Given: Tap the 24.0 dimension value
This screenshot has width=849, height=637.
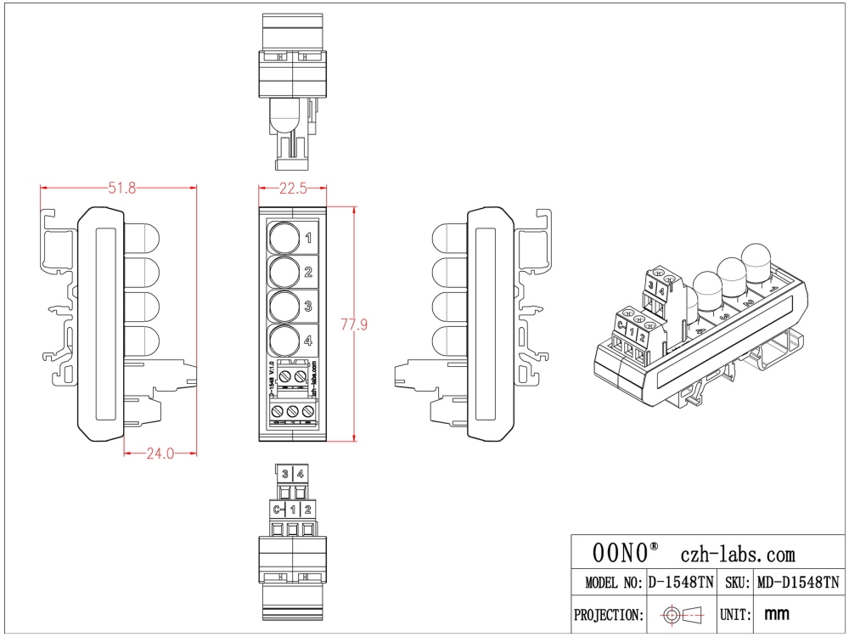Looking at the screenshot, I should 160,454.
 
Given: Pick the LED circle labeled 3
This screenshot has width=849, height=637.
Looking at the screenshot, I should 284,306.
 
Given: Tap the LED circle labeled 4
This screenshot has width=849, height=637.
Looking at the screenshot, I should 284,341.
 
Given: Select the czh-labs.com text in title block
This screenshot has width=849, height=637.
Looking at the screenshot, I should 739,555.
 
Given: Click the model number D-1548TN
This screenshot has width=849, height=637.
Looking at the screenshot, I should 681,583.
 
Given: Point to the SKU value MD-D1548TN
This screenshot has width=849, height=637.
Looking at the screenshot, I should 798,583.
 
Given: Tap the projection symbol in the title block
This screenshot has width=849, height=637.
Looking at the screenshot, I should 682,613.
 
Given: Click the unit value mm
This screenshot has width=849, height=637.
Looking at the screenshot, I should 779,613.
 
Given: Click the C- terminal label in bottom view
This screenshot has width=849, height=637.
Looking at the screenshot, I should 278,510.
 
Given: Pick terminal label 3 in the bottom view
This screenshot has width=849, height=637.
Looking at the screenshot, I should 286,475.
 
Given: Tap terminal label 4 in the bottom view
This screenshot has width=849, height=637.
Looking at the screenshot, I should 301,475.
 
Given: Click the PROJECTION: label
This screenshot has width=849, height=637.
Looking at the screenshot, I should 607,614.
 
